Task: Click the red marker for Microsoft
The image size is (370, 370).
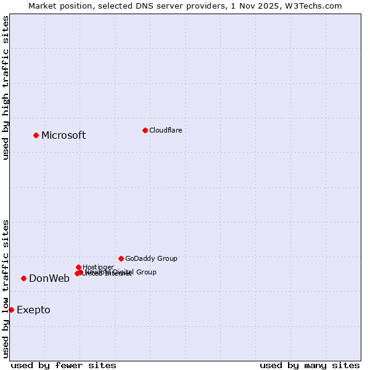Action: click(36, 135)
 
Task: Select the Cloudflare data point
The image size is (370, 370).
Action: click(145, 130)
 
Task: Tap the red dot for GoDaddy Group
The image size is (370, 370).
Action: click(121, 258)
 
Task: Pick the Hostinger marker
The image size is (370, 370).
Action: click(78, 267)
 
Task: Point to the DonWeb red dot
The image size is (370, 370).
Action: click(23, 278)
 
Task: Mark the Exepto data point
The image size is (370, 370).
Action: click(11, 310)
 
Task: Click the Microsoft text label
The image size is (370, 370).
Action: click(64, 136)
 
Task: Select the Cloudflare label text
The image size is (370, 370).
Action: click(166, 130)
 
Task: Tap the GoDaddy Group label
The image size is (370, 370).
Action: click(151, 258)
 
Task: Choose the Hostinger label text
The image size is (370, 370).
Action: click(98, 267)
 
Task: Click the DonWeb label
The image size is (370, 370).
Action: click(49, 278)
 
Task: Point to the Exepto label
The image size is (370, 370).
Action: click(33, 310)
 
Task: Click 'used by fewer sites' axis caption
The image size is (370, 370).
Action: click(64, 365)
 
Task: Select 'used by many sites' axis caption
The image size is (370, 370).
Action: click(310, 365)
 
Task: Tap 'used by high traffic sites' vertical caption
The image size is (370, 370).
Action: click(6, 88)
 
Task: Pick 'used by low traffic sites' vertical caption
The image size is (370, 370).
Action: click(6, 289)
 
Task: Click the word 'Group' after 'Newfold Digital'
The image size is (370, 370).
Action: click(146, 272)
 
